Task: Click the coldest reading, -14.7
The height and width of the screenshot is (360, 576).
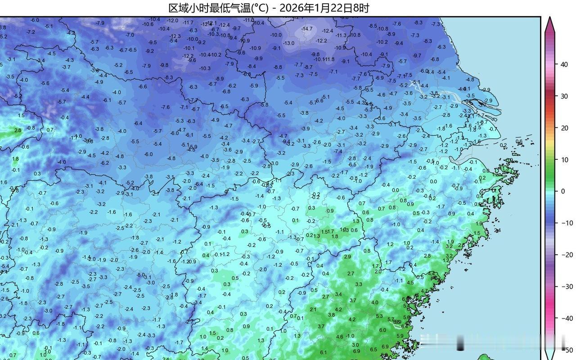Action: pos(307,29)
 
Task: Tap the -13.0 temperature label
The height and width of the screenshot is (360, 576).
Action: pos(288,43)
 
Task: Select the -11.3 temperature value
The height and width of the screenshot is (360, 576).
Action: pos(341,35)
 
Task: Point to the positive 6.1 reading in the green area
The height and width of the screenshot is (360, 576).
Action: pos(323,352)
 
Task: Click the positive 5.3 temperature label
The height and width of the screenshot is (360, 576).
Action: pos(379,316)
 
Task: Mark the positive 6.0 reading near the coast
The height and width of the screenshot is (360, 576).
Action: pos(382,330)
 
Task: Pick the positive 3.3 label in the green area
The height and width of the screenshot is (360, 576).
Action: pos(359,284)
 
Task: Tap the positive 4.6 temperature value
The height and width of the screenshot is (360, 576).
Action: pos(340,337)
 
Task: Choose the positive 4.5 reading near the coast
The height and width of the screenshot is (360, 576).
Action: pos(410,283)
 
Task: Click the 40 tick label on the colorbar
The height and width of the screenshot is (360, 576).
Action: pos(564,64)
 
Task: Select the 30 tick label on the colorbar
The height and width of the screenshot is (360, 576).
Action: pos(564,96)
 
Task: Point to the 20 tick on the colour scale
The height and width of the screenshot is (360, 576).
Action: pos(564,128)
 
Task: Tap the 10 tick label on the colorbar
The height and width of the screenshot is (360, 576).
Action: pos(564,160)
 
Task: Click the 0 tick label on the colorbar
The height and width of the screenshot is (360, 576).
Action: pos(562,191)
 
